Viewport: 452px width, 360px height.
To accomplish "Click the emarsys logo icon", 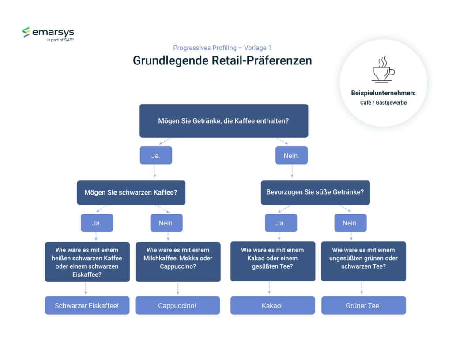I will coord(26,32).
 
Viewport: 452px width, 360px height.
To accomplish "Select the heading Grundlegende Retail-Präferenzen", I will coord(222,60).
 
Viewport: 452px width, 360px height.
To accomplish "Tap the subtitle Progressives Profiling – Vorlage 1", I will coord(225,48).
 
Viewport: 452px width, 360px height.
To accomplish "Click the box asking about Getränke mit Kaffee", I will coord(223,120).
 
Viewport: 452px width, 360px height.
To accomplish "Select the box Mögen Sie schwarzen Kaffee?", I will coord(131,192).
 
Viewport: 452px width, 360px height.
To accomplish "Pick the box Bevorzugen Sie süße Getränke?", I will coord(315,192).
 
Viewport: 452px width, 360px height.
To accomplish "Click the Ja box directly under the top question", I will coord(156,155).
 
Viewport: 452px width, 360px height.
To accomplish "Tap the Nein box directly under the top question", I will coord(291,155).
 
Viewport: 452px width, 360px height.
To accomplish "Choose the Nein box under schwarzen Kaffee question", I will coord(166,223).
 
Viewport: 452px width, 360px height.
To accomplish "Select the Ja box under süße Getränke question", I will coord(281,223).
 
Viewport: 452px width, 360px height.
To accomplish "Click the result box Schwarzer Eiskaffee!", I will coord(87,305).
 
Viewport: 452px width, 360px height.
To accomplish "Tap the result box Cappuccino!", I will coord(177,305).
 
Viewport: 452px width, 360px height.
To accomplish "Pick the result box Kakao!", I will coord(272,305).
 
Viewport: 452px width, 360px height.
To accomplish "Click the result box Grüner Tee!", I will coord(363,305).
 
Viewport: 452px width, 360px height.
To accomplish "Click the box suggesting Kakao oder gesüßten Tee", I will coord(272,261).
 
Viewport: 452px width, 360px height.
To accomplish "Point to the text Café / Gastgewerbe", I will coord(383,102).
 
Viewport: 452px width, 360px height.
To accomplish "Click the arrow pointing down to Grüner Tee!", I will coord(362,289).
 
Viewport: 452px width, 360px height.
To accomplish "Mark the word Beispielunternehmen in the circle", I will coord(383,93).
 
